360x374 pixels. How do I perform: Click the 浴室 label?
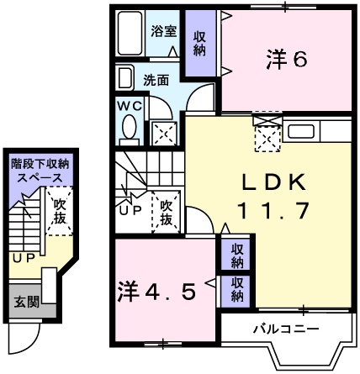(163, 32)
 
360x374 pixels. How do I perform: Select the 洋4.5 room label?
(156, 292)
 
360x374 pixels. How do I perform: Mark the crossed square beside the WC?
(162, 132)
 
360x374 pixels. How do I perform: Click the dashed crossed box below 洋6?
(267, 134)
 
